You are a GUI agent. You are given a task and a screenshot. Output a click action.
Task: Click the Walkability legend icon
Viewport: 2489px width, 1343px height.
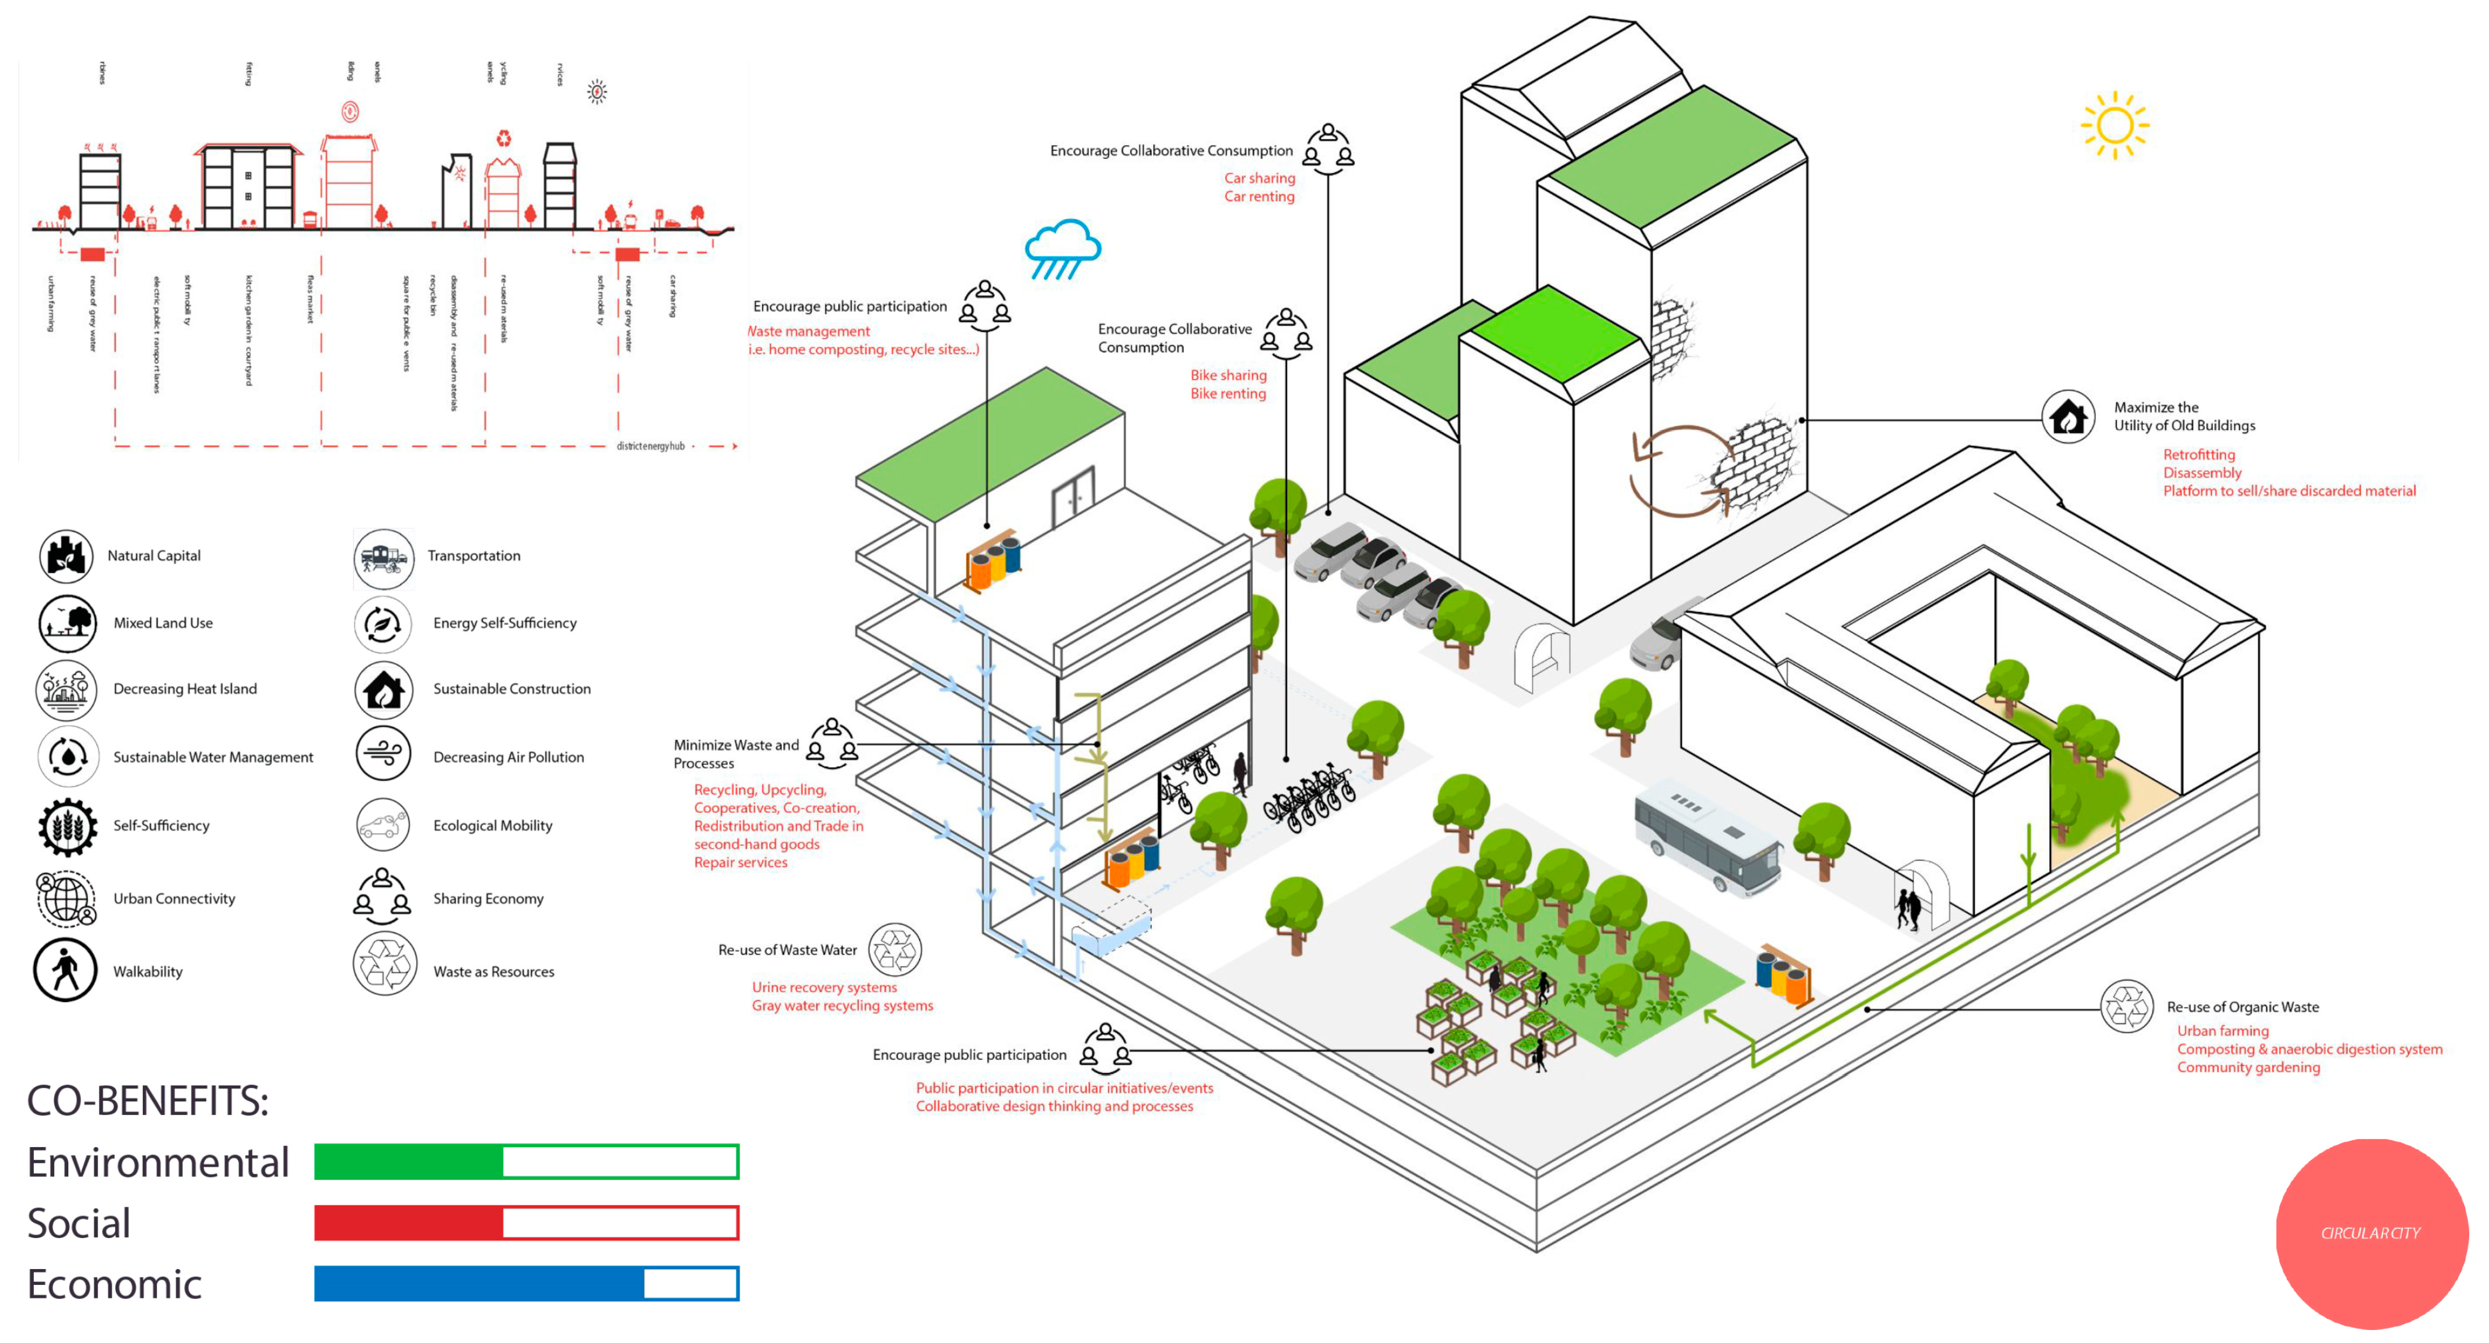point(65,970)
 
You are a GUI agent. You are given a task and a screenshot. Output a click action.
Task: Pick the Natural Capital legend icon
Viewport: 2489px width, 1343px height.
point(65,555)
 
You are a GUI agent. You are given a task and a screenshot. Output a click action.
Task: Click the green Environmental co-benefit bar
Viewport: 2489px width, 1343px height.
point(527,1161)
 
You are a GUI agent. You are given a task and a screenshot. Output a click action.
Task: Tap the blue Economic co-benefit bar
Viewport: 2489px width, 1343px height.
point(527,1283)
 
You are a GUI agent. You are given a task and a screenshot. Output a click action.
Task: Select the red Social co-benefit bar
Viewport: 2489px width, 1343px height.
point(527,1222)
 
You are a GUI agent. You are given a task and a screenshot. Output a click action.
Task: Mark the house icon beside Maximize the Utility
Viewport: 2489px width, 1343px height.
point(2068,417)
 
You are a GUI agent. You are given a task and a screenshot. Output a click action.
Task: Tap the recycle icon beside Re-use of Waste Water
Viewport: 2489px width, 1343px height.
point(895,950)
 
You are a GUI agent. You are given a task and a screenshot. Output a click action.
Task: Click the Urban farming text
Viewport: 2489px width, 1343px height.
point(2222,1031)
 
